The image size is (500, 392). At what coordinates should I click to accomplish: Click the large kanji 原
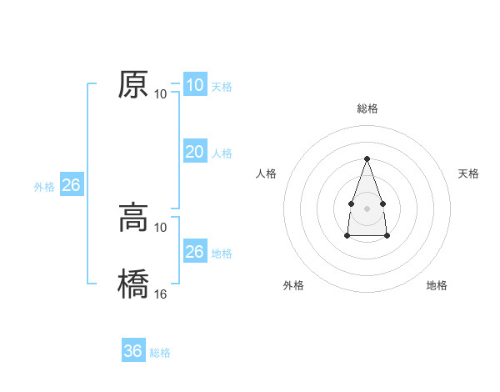point(134,84)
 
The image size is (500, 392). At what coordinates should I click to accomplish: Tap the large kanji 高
point(134,218)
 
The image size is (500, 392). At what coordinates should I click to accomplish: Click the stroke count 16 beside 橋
point(161,294)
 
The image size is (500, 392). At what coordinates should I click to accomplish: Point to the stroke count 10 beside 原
point(161,93)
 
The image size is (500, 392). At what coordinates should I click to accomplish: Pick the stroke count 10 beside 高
point(161,227)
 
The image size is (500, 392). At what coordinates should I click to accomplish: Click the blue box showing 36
point(133,351)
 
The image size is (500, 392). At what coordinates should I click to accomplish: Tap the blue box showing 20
point(194,151)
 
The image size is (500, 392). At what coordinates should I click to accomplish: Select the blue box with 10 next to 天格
point(194,84)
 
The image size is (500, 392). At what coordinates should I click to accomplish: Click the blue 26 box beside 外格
point(71,185)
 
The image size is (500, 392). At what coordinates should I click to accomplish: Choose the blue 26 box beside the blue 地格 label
point(194,251)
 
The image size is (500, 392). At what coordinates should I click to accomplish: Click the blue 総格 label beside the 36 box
point(160,353)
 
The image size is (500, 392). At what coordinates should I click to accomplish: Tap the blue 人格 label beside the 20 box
point(222,153)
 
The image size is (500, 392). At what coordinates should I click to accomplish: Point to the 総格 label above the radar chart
point(367,108)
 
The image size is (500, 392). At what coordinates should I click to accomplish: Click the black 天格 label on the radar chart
point(468,173)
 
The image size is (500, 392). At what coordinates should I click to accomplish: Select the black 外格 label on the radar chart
point(292,286)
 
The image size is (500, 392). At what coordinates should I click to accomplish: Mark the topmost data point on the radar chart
point(367,158)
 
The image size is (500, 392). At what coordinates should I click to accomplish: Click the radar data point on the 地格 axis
point(387,236)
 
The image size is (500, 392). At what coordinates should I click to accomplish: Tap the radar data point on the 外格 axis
point(347,236)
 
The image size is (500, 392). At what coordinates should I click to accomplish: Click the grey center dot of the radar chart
point(367,208)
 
